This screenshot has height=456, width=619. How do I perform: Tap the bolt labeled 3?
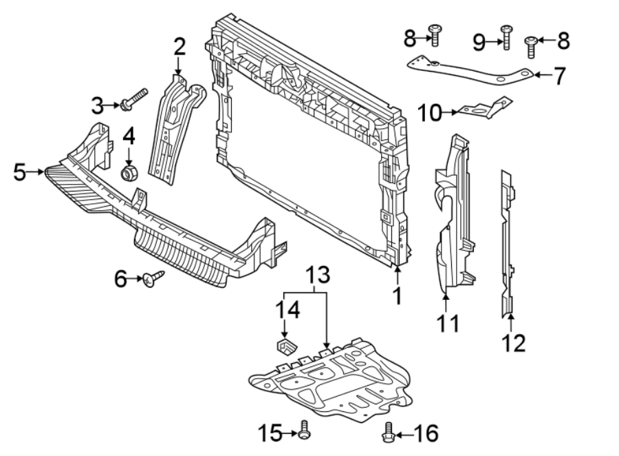pyautogui.click(x=135, y=99)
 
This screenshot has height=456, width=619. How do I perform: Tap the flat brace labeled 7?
pyautogui.click(x=468, y=72)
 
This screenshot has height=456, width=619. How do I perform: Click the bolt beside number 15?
pyautogui.click(x=305, y=433)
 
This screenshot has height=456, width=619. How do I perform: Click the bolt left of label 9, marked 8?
pyautogui.click(x=435, y=34)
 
